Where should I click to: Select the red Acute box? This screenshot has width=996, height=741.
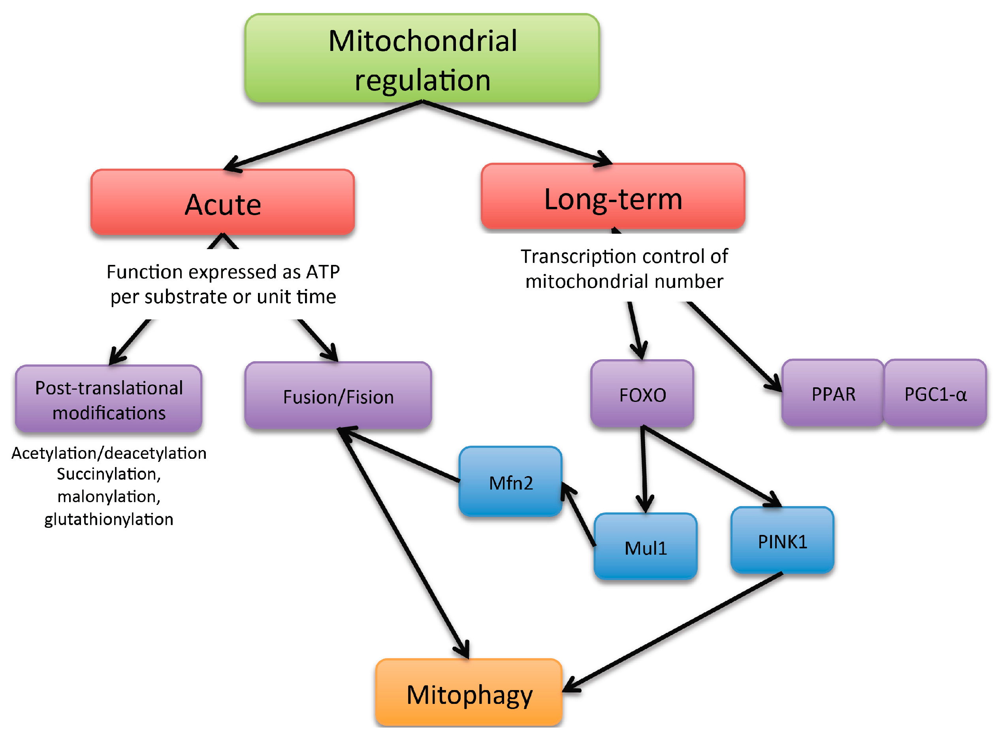(x=223, y=202)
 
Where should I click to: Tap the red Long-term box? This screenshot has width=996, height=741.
(x=613, y=197)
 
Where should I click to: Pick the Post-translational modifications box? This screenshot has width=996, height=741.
(x=109, y=398)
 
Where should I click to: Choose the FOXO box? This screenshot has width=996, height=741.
(x=642, y=393)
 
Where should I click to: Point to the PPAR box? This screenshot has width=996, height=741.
(x=832, y=393)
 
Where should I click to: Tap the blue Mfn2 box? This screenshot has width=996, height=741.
(x=510, y=481)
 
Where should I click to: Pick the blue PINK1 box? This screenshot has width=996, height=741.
(x=782, y=540)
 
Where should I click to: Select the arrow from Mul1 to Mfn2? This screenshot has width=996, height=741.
(x=578, y=514)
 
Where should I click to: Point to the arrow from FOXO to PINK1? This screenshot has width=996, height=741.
(x=712, y=467)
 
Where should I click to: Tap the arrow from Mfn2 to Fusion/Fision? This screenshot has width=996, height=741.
(x=399, y=454)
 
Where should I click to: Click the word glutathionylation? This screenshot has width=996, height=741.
(x=109, y=520)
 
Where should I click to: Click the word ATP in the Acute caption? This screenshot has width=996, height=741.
(x=323, y=272)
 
